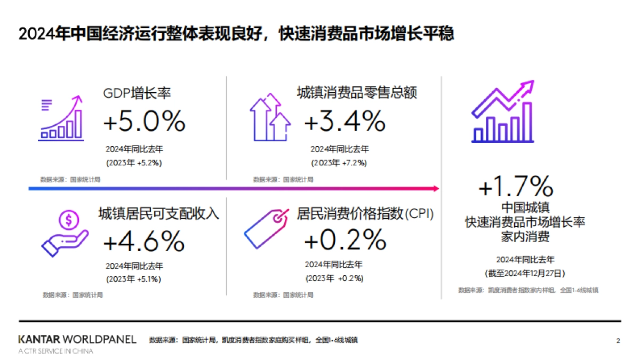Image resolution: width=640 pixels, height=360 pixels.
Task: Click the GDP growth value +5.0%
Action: tap(144, 121)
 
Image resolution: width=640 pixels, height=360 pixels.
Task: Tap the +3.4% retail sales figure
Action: tap(345, 121)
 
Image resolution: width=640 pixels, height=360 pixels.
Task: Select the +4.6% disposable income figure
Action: tap(144, 242)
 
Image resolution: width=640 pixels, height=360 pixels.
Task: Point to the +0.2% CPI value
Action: tap(345, 239)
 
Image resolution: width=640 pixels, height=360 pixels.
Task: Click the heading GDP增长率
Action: tap(137, 93)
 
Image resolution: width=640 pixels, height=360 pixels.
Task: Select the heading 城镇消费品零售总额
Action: tap(356, 92)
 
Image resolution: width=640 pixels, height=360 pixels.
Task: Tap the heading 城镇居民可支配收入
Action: tap(159, 214)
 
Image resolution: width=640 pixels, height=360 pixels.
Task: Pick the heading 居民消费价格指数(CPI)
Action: tap(365, 214)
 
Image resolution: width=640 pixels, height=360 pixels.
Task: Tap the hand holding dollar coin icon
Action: tap(65, 233)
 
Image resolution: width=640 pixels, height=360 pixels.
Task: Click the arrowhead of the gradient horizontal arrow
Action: tap(436, 188)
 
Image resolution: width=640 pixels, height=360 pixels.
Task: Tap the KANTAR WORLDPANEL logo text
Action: tap(77, 339)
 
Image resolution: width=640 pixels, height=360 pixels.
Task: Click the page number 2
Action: tap(618, 340)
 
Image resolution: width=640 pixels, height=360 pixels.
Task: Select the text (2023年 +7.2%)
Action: tap(339, 162)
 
